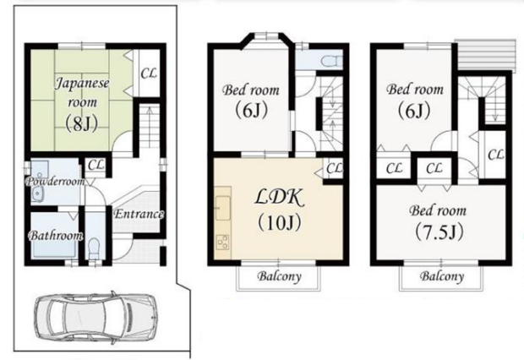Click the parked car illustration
pyautogui.click(x=96, y=315)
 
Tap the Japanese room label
pyautogui.click(x=82, y=92)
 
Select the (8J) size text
pyautogui.click(x=81, y=123)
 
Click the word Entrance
pyautogui.click(x=139, y=214)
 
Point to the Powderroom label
pyautogui.click(x=55, y=182)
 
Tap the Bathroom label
pyautogui.click(x=56, y=236)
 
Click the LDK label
pyautogui.click(x=280, y=197)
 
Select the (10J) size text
pyautogui.click(x=280, y=222)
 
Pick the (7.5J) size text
pyautogui.click(x=439, y=232)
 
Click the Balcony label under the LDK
pyautogui.click(x=279, y=276)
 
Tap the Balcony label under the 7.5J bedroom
pyautogui.click(x=442, y=276)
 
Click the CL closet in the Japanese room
pyautogui.click(x=149, y=74)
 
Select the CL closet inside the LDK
pyautogui.click(x=334, y=168)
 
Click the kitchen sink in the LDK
pyautogui.click(x=223, y=208)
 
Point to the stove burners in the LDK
pyautogui.click(x=223, y=243)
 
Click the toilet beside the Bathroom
pyautogui.click(x=95, y=248)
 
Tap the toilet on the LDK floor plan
pyautogui.click(x=331, y=61)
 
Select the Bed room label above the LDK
pyautogui.click(x=251, y=90)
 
